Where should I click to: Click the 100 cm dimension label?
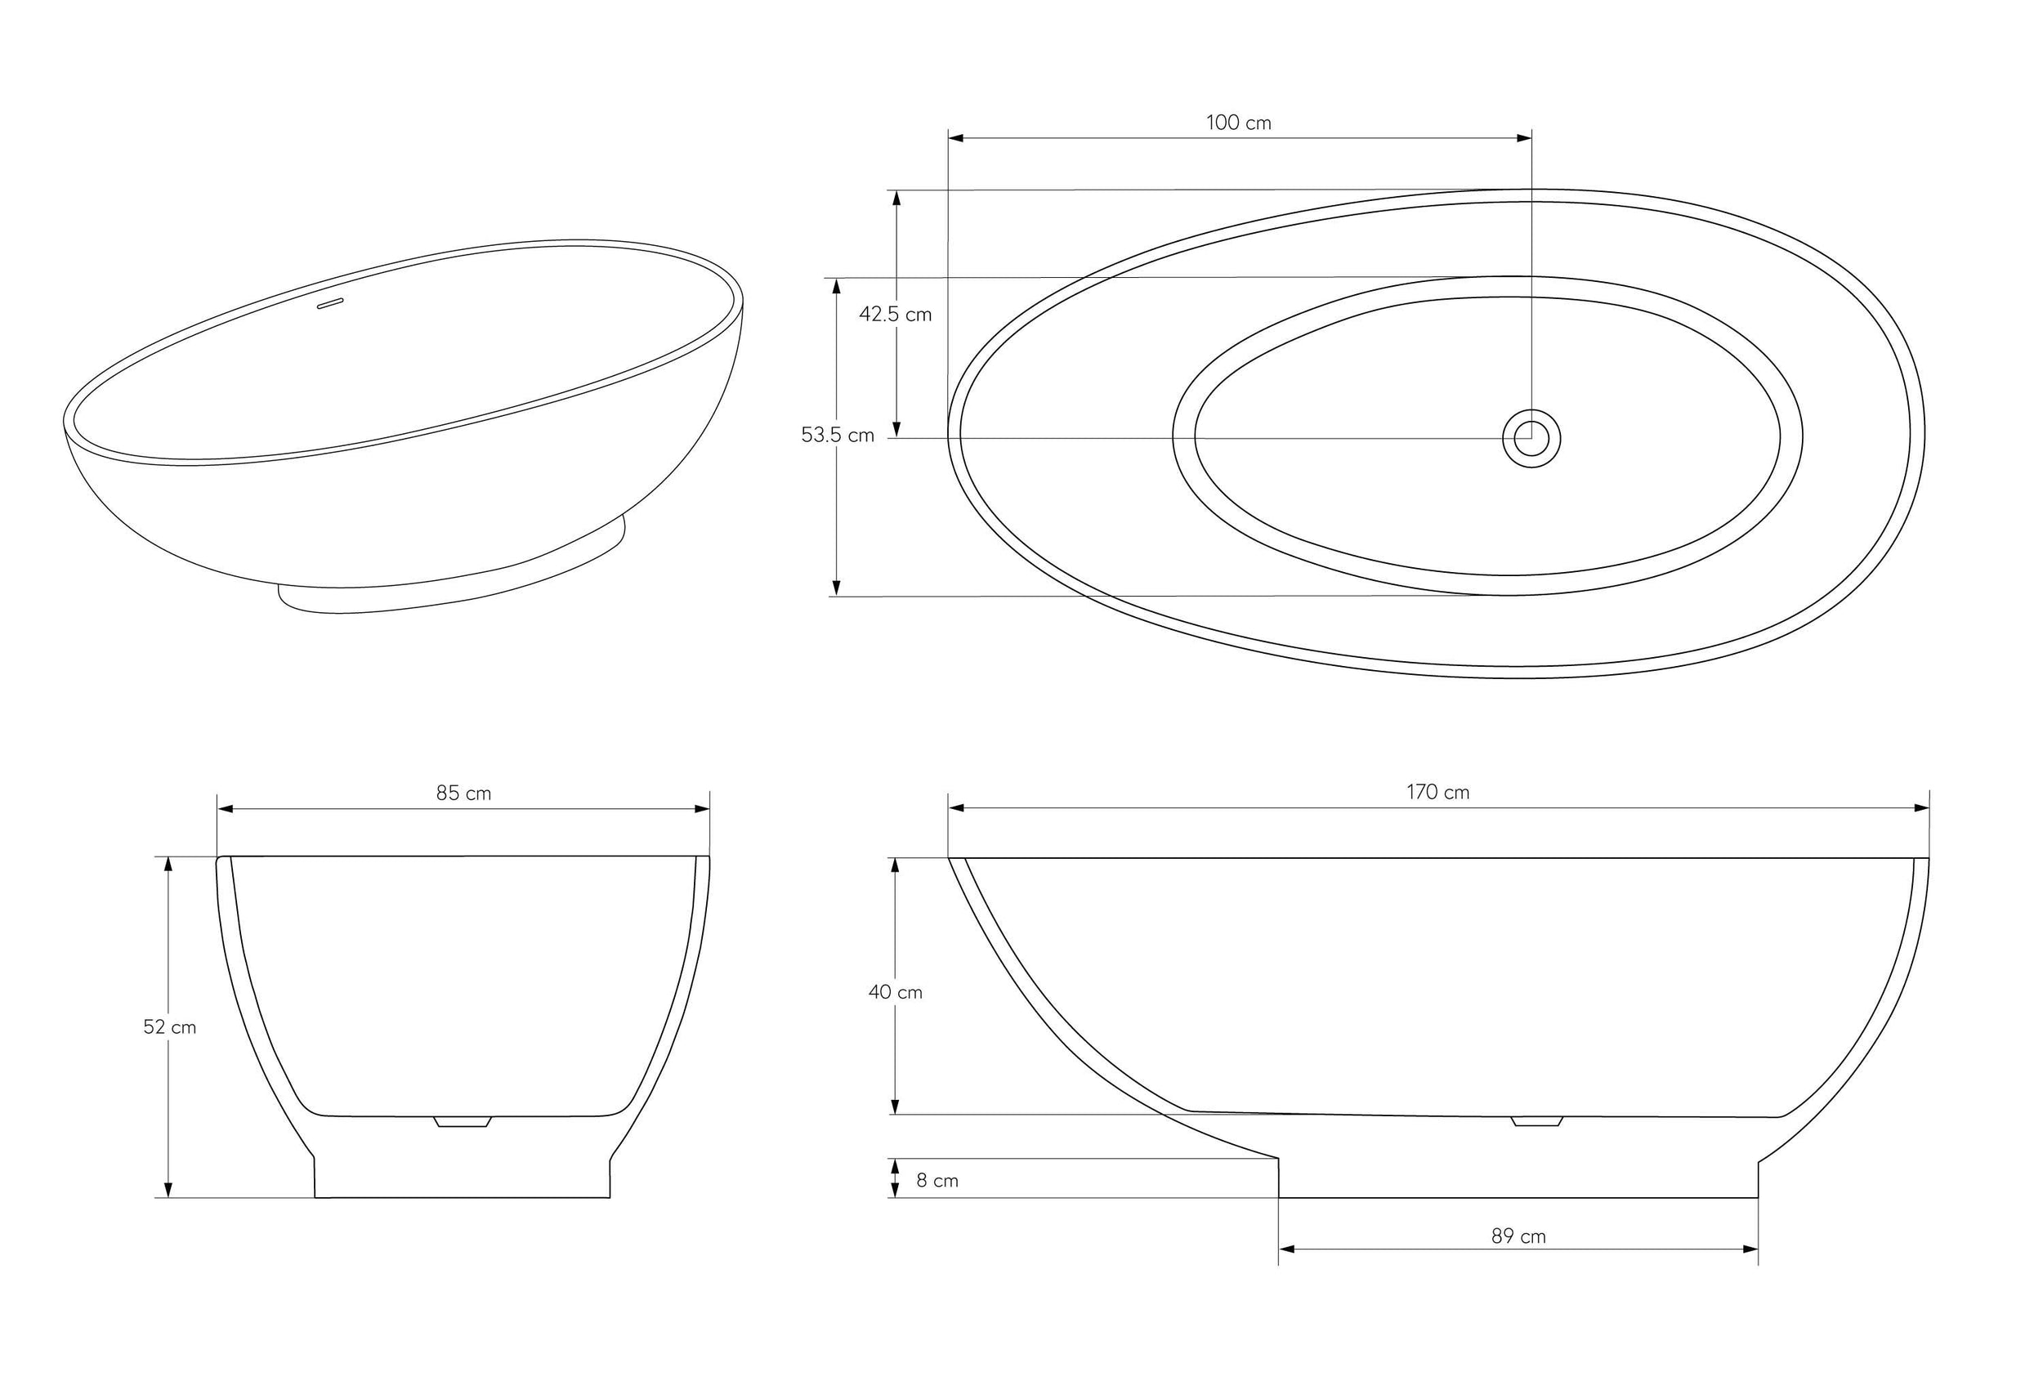pyautogui.click(x=1238, y=123)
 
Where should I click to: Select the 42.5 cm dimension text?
pyautogui.click(x=895, y=315)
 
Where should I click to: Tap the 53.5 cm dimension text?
pyautogui.click(x=837, y=436)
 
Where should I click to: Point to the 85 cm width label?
pyautogui.click(x=463, y=794)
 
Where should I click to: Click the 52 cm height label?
pyautogui.click(x=169, y=1027)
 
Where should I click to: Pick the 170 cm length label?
pyautogui.click(x=1437, y=793)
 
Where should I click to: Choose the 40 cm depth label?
pyautogui.click(x=895, y=992)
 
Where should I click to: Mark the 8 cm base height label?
pyautogui.click(x=937, y=1181)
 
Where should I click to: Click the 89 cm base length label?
pyautogui.click(x=1518, y=1236)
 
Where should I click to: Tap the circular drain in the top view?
pyautogui.click(x=1531, y=438)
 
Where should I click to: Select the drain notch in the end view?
pyautogui.click(x=463, y=1121)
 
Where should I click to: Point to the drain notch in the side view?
pyautogui.click(x=1536, y=1121)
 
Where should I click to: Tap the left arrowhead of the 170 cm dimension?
pyautogui.click(x=956, y=808)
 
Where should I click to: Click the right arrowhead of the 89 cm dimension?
pyautogui.click(x=1750, y=1249)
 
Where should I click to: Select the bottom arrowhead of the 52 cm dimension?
pyautogui.click(x=168, y=1190)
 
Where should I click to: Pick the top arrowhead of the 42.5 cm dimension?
pyautogui.click(x=896, y=198)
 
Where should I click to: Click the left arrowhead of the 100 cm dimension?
pyautogui.click(x=956, y=138)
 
